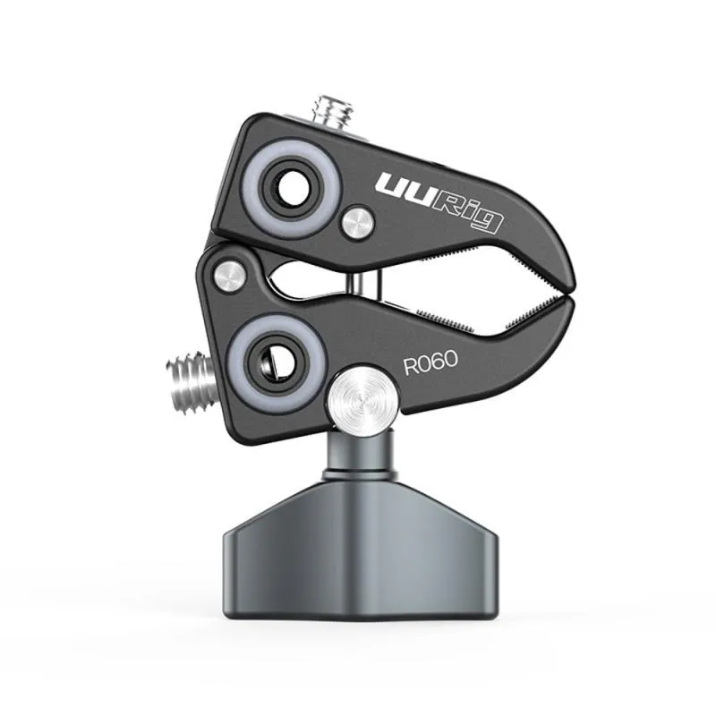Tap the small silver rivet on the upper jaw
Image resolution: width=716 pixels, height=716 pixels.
coord(357,222)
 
